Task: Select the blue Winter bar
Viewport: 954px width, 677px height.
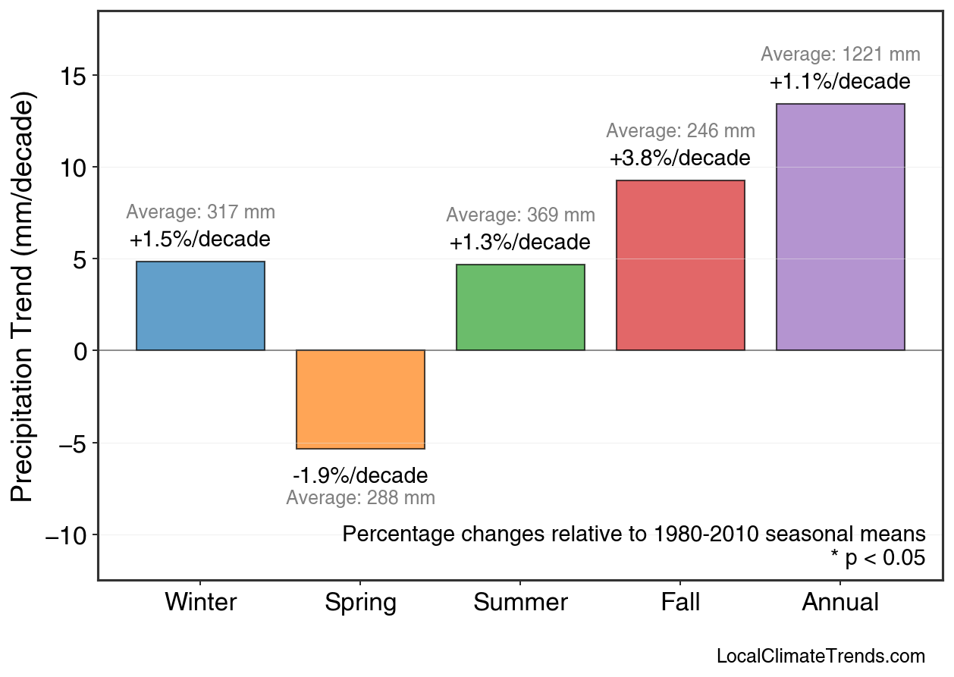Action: coord(200,306)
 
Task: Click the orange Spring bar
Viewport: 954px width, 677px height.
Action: coord(360,400)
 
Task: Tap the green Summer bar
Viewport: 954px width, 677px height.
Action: coord(520,308)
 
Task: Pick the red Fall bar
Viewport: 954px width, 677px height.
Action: coord(680,265)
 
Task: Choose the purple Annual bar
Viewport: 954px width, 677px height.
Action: coord(840,227)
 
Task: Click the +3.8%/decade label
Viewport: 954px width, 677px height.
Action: coord(679,158)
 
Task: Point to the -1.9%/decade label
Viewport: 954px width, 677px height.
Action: coord(360,476)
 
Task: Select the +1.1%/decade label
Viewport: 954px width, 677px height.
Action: coord(839,82)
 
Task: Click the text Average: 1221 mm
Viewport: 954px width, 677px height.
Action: coord(840,55)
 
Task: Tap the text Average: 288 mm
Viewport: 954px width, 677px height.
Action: coord(360,498)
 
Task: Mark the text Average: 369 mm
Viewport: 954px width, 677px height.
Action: coord(520,215)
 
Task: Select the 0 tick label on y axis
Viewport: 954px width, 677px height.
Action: coord(80,351)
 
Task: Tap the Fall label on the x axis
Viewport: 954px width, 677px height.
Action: coord(680,603)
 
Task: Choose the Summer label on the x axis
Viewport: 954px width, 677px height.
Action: coord(520,603)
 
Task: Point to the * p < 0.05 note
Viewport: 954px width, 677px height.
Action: coord(877,559)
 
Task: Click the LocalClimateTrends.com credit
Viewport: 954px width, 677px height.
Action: coord(821,657)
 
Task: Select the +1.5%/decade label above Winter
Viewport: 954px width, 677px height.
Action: coord(199,240)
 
